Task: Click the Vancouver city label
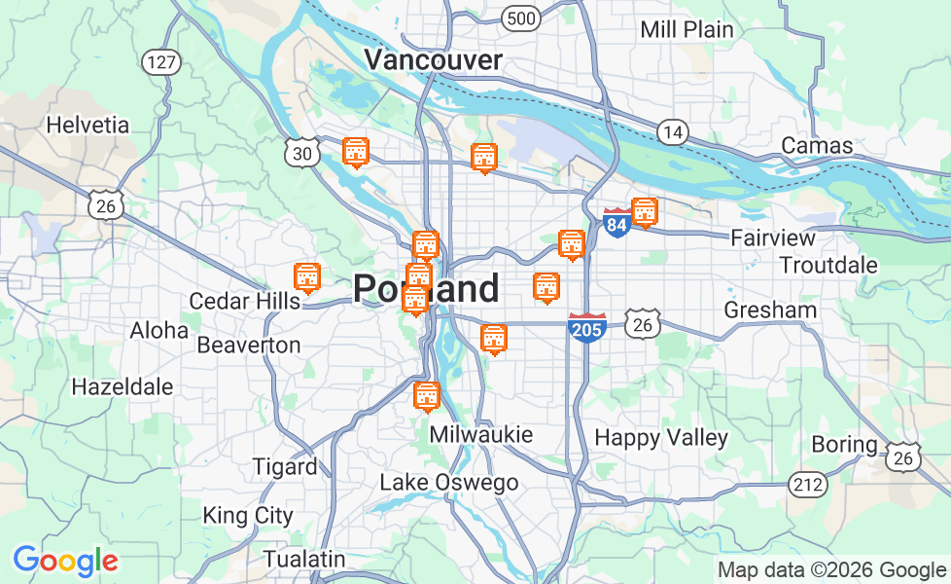[x=433, y=60]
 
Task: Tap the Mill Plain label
[x=687, y=29]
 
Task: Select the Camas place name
[x=817, y=146]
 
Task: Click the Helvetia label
[x=88, y=125]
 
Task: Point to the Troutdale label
[x=828, y=265]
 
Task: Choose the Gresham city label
[x=770, y=310]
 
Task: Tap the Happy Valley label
[x=661, y=437]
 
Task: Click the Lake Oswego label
[x=448, y=482]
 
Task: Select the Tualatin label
[x=304, y=559]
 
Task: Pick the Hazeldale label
[x=123, y=386]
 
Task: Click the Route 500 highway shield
[x=521, y=18]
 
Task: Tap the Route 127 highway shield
[x=160, y=63]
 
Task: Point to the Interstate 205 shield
[x=587, y=329]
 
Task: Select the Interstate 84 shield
[x=616, y=223]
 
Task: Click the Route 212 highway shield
[x=808, y=484]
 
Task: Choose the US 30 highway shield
[x=302, y=153]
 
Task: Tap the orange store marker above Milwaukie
[x=426, y=396]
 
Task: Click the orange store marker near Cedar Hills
[x=307, y=277]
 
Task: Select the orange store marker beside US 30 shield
[x=356, y=152]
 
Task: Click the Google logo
[x=65, y=561]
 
